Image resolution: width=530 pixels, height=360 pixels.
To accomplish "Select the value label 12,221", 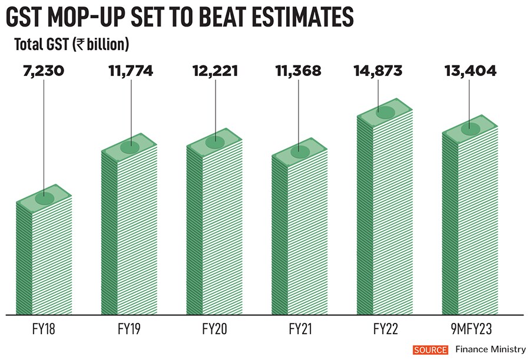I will coord(215,71).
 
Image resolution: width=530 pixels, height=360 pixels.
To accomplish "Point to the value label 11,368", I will coord(299,71).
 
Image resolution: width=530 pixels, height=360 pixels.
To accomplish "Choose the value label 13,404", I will coord(469,71).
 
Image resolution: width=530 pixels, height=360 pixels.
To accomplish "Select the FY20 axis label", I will coord(215,327).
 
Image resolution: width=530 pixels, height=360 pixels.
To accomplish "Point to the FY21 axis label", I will coord(299,327).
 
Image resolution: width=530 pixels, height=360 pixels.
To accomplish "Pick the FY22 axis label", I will coord(385,327).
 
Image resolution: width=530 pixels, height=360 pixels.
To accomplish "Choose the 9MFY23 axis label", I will coord(469,327).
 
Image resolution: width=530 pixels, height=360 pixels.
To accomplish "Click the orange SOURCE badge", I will coord(430,350).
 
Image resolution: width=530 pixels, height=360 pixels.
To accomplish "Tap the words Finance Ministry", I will coord(490,350).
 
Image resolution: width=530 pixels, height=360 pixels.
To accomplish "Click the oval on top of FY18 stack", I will coord(44,199).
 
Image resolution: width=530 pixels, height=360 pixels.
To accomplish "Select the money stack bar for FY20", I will coord(214,230).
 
